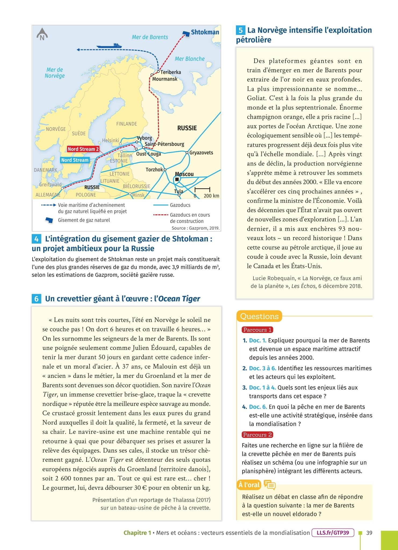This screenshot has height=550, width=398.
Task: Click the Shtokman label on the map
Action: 205,32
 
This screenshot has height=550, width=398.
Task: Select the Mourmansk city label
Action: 165,79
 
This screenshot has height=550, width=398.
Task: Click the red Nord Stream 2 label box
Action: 83,149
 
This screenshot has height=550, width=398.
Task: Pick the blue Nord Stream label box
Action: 75,160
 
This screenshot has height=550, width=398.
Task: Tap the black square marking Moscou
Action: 177,179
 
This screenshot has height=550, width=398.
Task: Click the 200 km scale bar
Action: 202,189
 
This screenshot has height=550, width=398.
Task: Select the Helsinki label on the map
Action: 110,140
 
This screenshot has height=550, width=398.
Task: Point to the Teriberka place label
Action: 171,72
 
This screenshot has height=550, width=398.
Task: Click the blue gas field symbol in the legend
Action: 49,220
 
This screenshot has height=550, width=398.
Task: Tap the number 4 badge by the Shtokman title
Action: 37,239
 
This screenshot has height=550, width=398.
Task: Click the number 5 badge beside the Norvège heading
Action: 241,30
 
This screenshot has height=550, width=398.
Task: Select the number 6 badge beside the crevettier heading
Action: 37,299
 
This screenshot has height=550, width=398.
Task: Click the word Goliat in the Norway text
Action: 254,98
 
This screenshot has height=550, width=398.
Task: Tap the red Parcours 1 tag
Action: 257,330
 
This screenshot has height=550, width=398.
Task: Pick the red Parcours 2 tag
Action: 257,435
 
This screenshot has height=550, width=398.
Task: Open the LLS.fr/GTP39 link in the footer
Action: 333,533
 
